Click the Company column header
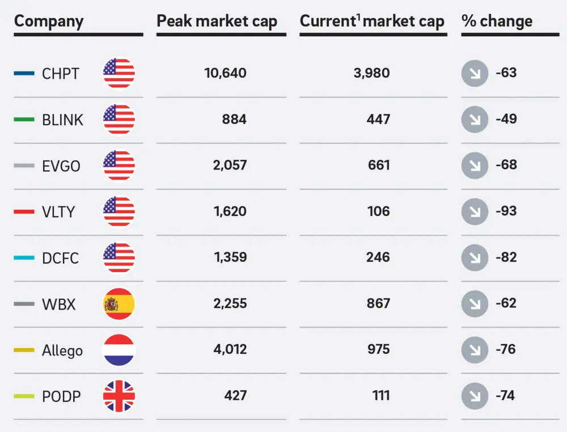[49, 22]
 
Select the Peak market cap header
[217, 22]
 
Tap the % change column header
[497, 22]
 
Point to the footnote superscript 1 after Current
[359, 17]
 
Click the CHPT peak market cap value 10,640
[225, 73]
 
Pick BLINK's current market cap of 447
[378, 119]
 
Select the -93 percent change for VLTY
[506, 211]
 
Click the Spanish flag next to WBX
[119, 304]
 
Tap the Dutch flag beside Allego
[119, 350]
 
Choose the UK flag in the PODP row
[119, 396]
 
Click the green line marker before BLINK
[24, 120]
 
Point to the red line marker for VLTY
[24, 212]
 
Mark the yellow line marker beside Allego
[24, 350]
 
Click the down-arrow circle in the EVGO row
[475, 166]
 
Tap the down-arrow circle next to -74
[475, 396]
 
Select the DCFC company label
[60, 258]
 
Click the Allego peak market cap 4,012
[230, 349]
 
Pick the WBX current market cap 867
[378, 303]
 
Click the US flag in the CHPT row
[119, 73]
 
